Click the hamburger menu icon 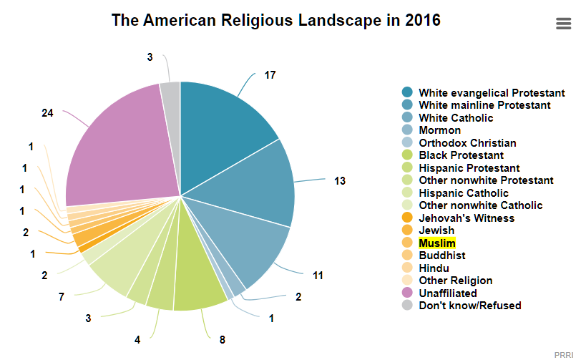pos(563,24)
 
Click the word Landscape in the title pos(340,21)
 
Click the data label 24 pos(47,112)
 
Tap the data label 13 pos(340,181)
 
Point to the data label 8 pos(223,340)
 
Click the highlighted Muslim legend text pos(437,243)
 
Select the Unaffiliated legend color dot pos(407,293)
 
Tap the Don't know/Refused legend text pos(470,306)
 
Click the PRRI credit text pos(564,355)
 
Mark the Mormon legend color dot pos(407,130)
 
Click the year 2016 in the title pos(423,20)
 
